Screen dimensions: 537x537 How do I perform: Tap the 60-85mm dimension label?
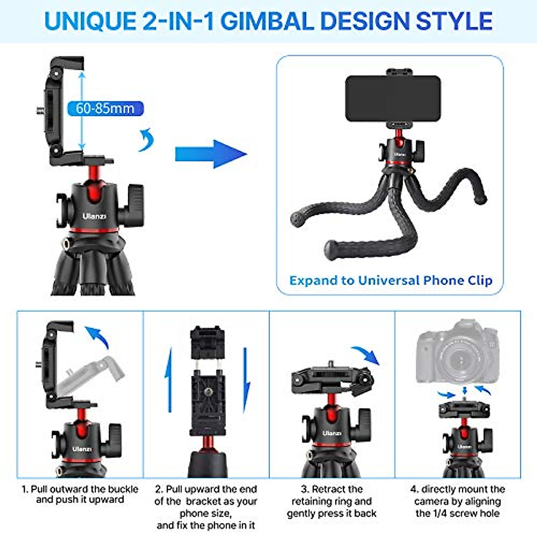pyautogui.click(x=105, y=108)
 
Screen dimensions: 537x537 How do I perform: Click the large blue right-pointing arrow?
pyautogui.click(x=210, y=154)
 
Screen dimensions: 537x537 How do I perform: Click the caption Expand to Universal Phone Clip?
pyautogui.click(x=391, y=281)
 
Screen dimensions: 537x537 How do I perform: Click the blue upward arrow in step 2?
pyautogui.click(x=169, y=380)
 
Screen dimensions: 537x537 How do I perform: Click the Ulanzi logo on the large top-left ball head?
pyautogui.click(x=94, y=216)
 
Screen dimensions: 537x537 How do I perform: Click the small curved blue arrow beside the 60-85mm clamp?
pyautogui.click(x=146, y=140)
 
